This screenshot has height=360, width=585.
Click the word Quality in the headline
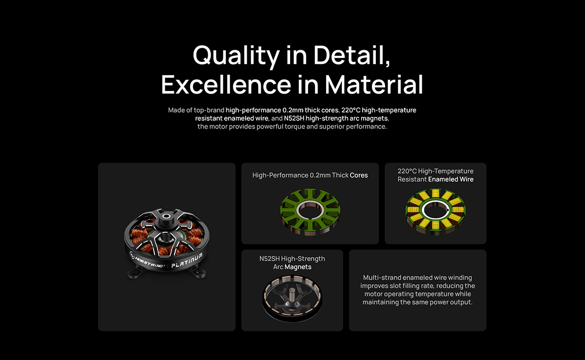coord(236,56)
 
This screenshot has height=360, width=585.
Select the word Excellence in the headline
coord(226,84)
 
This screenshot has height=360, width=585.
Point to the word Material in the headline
coord(374,84)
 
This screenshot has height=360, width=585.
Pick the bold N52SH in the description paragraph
coord(294,118)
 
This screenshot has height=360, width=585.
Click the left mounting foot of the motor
coord(135,273)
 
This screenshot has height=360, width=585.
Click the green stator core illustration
coord(310,212)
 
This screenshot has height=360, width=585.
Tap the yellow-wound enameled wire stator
coord(435,212)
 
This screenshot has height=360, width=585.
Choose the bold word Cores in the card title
coord(359,175)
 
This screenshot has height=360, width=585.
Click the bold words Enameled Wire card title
coord(450,179)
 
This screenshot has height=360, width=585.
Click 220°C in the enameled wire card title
coord(407,171)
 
